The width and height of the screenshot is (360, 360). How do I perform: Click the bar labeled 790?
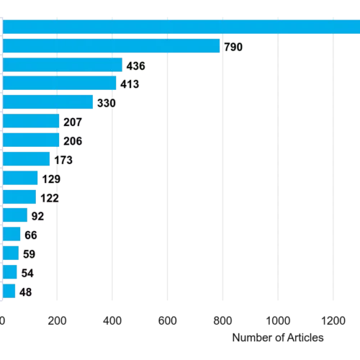(111, 45)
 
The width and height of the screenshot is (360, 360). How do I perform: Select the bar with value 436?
(63, 65)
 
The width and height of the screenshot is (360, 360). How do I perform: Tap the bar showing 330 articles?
(48, 102)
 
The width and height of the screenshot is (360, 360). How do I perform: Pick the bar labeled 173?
(26, 158)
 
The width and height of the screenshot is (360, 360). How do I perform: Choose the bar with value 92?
(15, 215)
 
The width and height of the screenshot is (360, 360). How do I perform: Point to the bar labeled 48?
(9, 291)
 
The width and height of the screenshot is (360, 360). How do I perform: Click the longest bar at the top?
(181, 27)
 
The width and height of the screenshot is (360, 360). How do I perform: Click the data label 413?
(130, 84)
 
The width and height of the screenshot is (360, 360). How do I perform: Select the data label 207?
(73, 122)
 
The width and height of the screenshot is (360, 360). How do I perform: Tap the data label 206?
(73, 141)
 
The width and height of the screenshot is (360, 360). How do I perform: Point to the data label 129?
(51, 179)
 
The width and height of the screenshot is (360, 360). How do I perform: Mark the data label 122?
(50, 198)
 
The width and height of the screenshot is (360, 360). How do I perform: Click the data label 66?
(31, 235)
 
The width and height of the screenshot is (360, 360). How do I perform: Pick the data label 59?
(30, 254)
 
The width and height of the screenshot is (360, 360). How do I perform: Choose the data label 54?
(27, 273)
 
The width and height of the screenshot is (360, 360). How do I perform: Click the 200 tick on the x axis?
(57, 320)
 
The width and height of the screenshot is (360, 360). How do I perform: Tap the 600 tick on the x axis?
(168, 320)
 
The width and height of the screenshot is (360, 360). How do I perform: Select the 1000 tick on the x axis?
(278, 320)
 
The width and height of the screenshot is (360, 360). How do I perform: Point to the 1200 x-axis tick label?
(333, 320)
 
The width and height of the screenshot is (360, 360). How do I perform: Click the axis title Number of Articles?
(278, 338)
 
